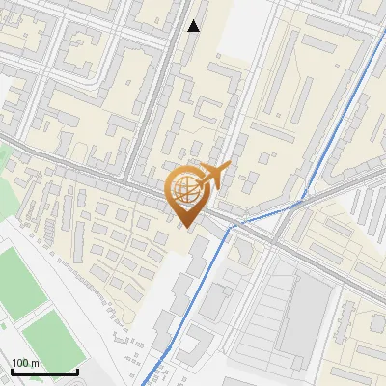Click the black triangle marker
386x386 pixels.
click(194, 26)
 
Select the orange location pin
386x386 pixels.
click(188, 194)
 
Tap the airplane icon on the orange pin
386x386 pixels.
click(211, 175)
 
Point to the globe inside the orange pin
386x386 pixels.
click(187, 189)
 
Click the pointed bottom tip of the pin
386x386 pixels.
click(187, 227)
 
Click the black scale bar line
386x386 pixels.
click(43, 372)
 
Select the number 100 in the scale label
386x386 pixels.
click(20, 363)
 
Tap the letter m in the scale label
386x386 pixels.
click(35, 363)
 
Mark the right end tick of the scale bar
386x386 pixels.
click(77, 371)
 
